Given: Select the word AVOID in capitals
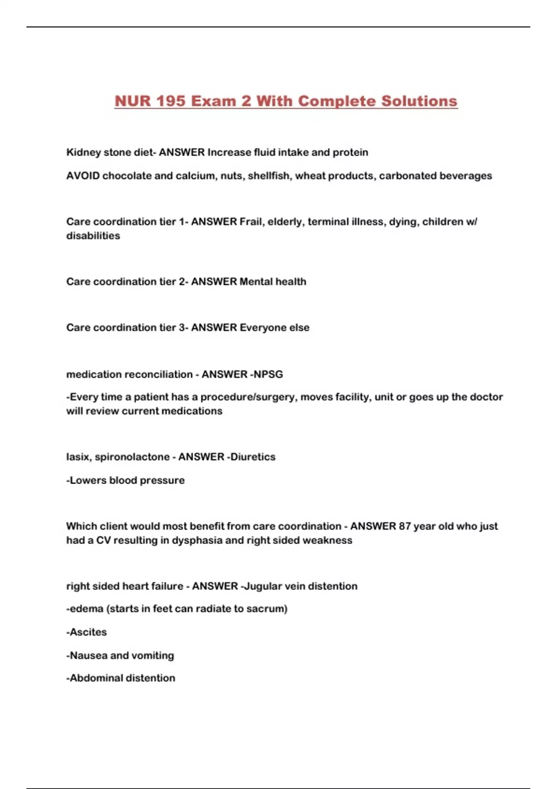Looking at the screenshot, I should coord(83,176).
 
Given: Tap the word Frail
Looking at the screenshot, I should coord(251,222).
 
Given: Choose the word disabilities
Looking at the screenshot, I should coord(93,236).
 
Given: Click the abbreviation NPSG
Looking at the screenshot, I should coord(268,375).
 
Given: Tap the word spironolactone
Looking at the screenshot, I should coord(132,457).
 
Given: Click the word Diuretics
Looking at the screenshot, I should coord(253,457).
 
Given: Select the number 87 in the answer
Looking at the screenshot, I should coord(404,526).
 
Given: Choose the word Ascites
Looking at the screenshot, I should coord(88,632).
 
